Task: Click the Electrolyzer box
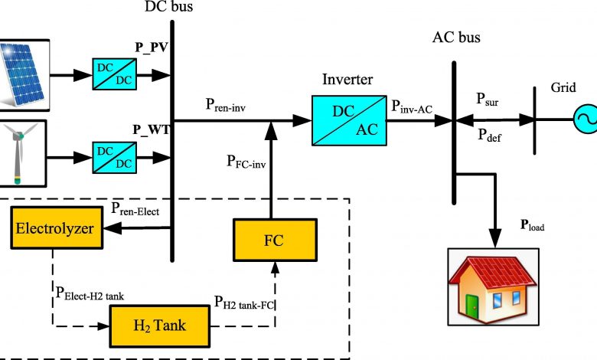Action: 57,227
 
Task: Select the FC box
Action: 275,240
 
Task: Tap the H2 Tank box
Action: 160,326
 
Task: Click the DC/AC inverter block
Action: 349,120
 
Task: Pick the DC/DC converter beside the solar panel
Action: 115,74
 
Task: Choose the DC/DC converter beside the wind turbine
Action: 115,157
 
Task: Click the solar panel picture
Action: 23,75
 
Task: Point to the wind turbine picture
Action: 21,153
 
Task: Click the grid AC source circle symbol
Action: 586,119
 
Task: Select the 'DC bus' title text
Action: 168,6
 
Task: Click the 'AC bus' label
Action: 456,38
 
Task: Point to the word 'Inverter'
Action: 347,79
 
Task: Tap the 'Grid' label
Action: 563,87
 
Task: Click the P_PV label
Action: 152,47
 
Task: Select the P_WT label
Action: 151,130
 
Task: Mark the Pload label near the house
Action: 532,225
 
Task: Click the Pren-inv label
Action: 225,104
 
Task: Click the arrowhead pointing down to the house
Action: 495,238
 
